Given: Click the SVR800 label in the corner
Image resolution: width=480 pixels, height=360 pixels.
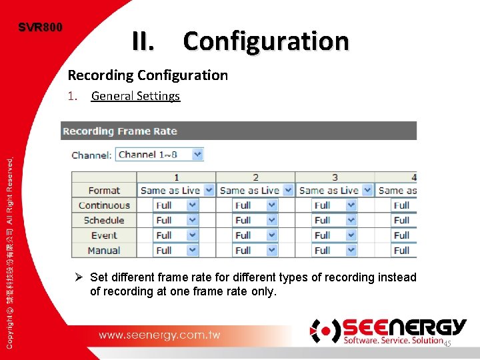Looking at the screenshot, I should point(41,27).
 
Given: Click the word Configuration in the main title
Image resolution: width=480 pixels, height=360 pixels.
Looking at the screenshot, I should point(266,41).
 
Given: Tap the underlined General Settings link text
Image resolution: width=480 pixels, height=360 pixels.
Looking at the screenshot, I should point(135,96).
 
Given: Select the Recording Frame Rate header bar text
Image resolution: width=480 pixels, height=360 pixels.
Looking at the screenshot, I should point(120,131).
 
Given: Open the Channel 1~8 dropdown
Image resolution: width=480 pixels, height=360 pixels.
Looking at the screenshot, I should point(159,155).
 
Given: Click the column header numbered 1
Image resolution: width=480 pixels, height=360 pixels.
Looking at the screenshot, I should point(176,177).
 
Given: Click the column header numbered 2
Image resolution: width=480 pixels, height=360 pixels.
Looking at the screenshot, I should point(255,177).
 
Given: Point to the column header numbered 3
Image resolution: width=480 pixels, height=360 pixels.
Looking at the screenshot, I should point(335,177).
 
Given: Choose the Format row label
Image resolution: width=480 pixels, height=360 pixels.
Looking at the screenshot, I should point(104,191).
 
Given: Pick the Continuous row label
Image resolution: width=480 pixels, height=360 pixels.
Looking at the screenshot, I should point(104,205).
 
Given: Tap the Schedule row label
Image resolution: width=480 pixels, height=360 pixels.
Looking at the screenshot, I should point(104,220).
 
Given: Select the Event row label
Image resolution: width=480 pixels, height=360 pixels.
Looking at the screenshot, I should point(104,235).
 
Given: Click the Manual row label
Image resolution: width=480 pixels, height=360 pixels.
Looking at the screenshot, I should point(104,251).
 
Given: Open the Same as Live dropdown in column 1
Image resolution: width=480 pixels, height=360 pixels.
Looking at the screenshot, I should point(177,191).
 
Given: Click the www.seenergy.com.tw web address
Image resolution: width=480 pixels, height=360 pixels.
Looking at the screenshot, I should point(159,335).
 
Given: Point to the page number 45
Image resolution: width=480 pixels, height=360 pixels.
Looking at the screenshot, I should point(447,343).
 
